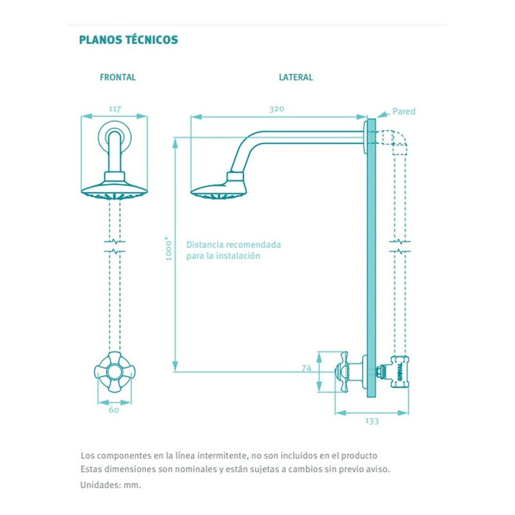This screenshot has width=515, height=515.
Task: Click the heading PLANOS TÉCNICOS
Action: pyautogui.click(x=128, y=40)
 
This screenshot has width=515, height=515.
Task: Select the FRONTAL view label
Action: pyautogui.click(x=118, y=77)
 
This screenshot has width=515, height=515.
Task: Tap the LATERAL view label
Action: pyautogui.click(x=295, y=77)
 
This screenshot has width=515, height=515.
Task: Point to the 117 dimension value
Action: pyautogui.click(x=115, y=109)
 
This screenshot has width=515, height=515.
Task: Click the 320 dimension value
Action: pyautogui.click(x=276, y=109)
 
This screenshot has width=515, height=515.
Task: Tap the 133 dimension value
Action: pyautogui.click(x=371, y=421)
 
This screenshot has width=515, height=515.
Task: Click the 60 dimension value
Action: pyautogui.click(x=115, y=409)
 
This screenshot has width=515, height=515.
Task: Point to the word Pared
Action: pyautogui.click(x=404, y=111)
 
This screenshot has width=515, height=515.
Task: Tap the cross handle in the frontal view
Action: pyautogui.click(x=115, y=371)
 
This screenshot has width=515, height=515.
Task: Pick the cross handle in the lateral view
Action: pyautogui.click(x=341, y=371)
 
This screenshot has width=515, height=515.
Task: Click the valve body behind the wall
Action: pyautogui.click(x=397, y=373)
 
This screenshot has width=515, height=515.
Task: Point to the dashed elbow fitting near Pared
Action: pyautogui.click(x=395, y=138)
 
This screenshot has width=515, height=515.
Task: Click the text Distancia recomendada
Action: pyautogui.click(x=233, y=245)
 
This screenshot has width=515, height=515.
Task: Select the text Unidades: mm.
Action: pyautogui.click(x=110, y=485)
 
